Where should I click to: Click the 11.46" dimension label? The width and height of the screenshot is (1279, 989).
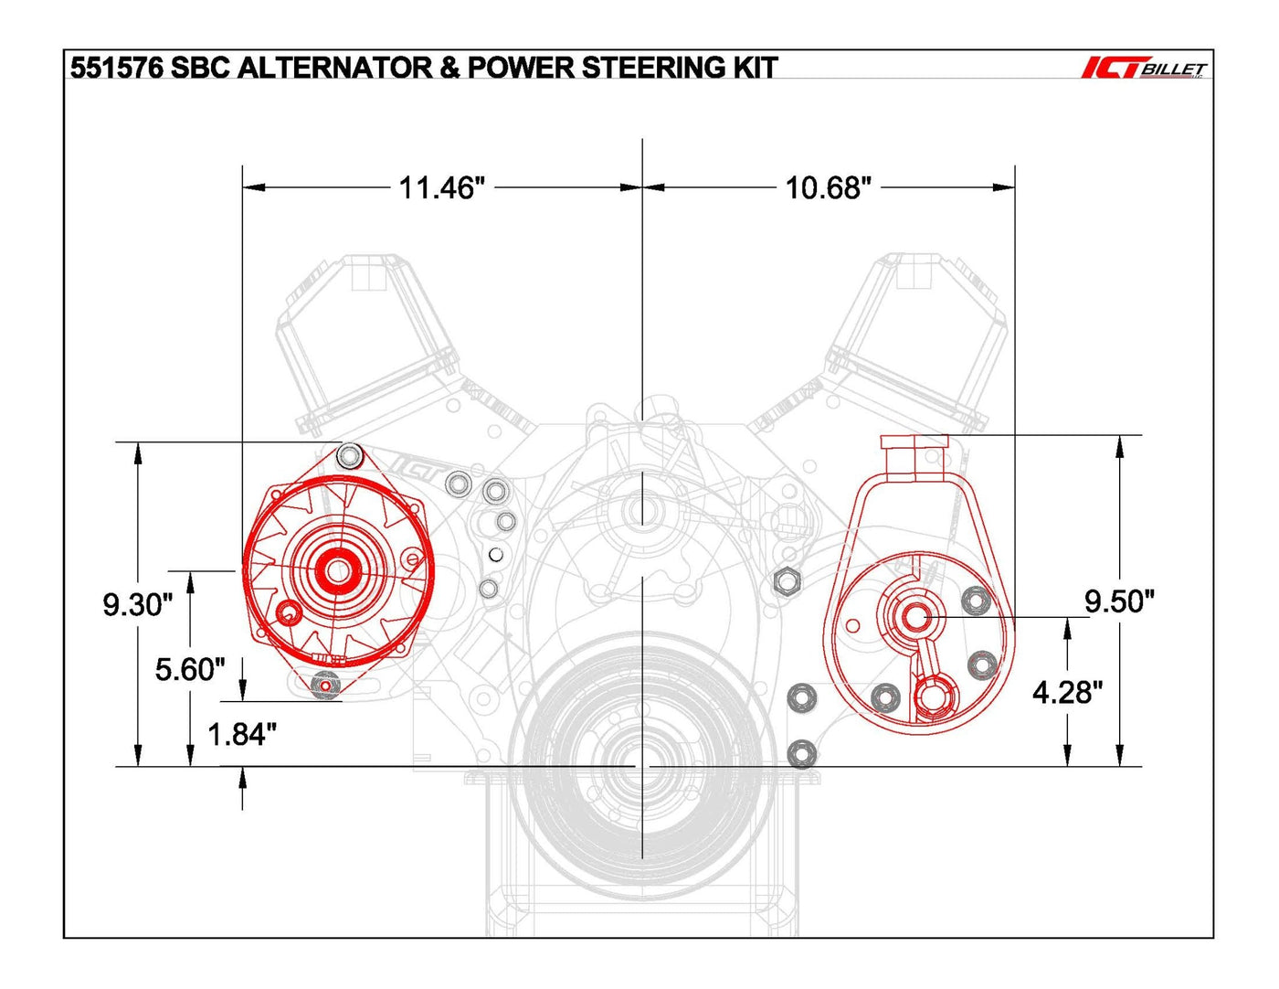441,187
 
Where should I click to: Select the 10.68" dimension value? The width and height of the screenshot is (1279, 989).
829,187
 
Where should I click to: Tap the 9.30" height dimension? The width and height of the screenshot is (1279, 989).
137,604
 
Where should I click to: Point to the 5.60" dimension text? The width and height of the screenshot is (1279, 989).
189,669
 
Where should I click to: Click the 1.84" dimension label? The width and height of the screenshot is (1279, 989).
241,734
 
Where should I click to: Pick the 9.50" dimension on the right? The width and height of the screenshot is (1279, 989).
1119,601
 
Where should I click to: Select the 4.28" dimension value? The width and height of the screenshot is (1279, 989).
1067,692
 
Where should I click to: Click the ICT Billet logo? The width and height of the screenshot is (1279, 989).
1145,69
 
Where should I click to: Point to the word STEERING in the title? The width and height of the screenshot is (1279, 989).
653,68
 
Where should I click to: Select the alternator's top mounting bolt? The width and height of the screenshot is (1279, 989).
349,455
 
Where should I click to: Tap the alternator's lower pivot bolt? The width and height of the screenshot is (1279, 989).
323,685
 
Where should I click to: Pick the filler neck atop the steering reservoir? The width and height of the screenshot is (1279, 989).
914,455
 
